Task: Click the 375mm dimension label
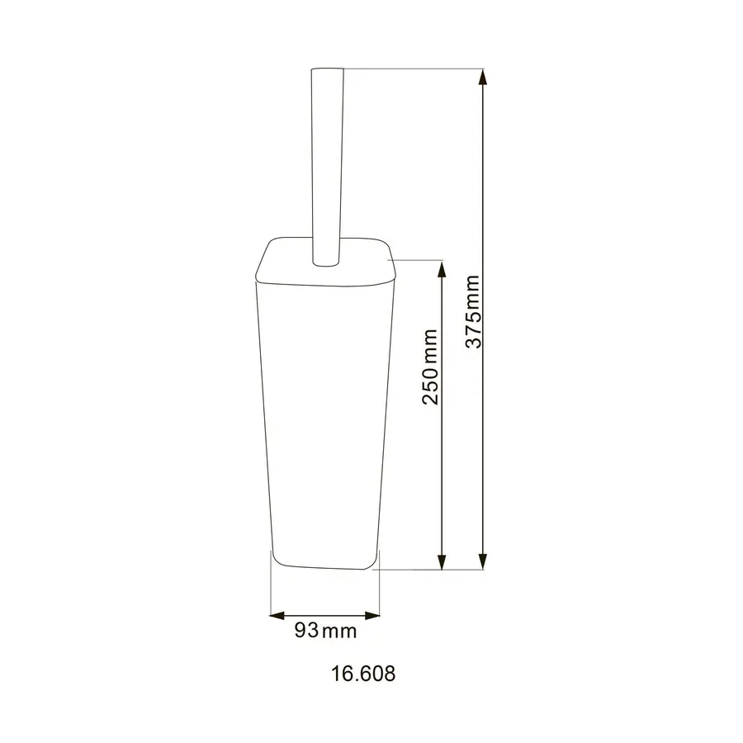click(473, 313)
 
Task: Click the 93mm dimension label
click(325, 632)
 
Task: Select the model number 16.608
click(363, 674)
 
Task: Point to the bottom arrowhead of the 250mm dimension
click(442, 561)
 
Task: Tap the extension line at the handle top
click(413, 69)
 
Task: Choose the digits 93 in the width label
click(306, 632)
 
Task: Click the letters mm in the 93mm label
click(338, 632)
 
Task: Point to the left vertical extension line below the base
click(271, 586)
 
